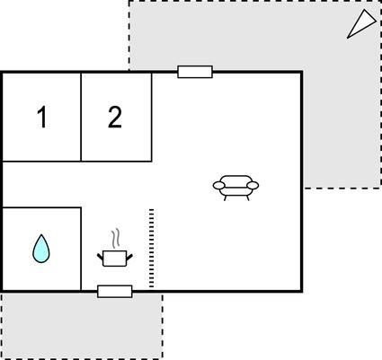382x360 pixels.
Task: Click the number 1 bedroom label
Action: pos(42,118)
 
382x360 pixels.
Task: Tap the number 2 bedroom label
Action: pos(115,118)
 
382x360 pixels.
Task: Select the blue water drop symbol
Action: pos(41,249)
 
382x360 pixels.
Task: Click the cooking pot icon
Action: pos(115,259)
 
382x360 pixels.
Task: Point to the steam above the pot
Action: pos(116,239)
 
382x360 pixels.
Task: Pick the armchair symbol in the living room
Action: pos(235,188)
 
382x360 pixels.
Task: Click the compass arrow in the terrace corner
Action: pos(361,24)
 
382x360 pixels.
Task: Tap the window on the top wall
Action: pos(195,72)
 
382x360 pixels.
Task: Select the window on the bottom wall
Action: pos(115,292)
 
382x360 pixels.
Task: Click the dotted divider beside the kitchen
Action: pos(151,249)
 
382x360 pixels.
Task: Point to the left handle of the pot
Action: pos(100,257)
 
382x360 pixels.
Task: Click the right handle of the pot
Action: pos(129,257)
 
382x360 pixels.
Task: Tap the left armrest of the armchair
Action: pos(218,186)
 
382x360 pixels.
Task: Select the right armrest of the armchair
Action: pos(253,186)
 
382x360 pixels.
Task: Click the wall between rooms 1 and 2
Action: pos(81,117)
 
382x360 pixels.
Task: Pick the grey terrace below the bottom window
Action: pos(82,326)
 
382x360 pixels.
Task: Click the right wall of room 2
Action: pos(152,117)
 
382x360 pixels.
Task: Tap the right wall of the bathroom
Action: pos(81,249)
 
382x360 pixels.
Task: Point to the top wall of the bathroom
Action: pos(41,207)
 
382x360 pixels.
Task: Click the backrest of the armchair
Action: pos(235,180)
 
